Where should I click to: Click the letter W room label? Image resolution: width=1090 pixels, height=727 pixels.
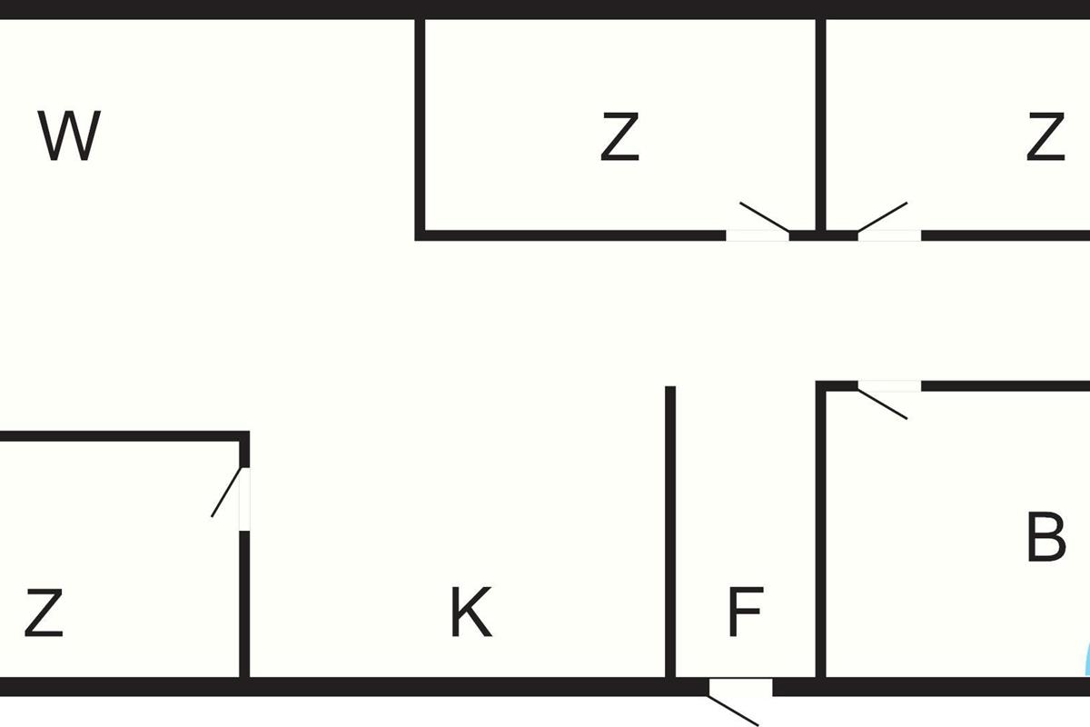pos(69,136)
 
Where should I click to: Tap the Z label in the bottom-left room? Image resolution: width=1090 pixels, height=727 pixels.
pos(44,613)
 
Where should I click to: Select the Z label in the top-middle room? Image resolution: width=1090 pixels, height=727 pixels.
pos(619,137)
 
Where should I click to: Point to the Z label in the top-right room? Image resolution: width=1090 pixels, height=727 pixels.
pos(1045,137)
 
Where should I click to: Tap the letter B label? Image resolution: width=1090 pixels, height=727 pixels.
pos(1045,538)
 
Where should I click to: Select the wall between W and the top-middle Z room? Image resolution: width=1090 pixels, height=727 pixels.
pos(421,127)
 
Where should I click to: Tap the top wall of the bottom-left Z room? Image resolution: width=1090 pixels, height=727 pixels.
pos(123,436)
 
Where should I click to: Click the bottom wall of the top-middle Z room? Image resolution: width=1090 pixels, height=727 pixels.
pos(572,235)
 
